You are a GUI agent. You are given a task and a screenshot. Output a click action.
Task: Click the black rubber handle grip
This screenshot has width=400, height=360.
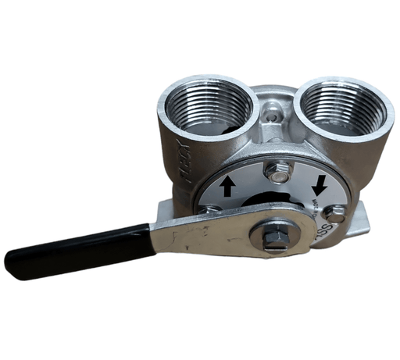tap(78, 250)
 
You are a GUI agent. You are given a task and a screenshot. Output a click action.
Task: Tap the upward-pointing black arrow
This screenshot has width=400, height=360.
tap(227, 186)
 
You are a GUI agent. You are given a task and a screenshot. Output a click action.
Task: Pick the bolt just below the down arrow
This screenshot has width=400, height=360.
tap(334, 213)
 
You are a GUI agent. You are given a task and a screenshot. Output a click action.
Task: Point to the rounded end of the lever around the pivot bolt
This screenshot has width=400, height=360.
tap(293, 238)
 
